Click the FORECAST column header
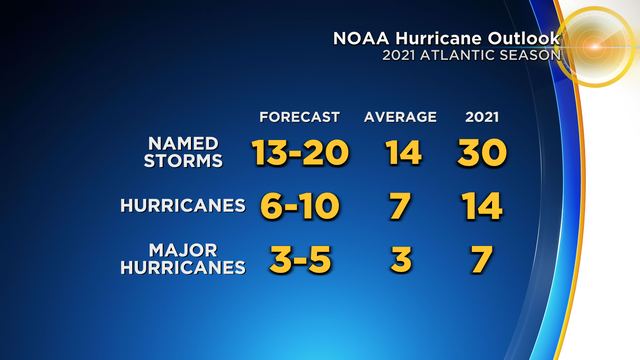click(299, 117)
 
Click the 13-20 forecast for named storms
click(300, 153)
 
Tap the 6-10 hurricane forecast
click(299, 206)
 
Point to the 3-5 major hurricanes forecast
click(299, 260)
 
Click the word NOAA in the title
click(356, 38)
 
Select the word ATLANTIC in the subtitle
click(463, 56)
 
